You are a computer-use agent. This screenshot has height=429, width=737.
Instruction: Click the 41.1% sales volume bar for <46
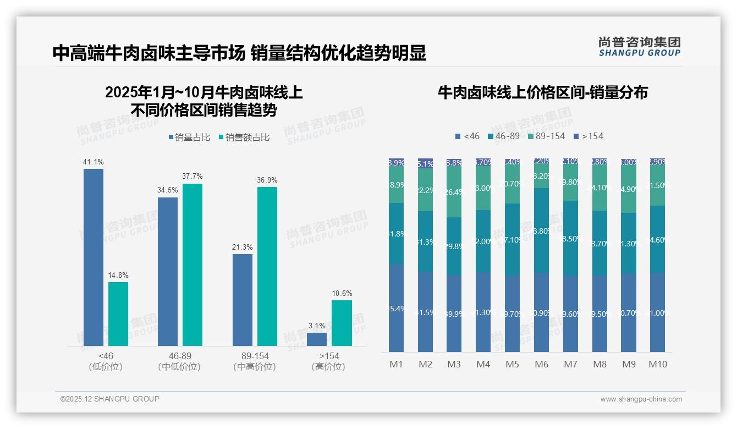[x=94, y=257]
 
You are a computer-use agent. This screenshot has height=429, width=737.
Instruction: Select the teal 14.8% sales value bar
[x=118, y=313]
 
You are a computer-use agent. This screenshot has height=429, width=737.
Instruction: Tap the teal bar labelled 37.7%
[x=193, y=264]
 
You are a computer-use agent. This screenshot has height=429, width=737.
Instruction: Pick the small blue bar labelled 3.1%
[x=317, y=339]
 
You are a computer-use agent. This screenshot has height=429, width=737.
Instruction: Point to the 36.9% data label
[x=267, y=180]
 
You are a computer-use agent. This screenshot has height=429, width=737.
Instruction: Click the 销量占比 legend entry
[x=189, y=137]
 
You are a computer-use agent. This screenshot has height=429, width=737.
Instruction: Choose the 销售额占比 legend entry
[x=244, y=137]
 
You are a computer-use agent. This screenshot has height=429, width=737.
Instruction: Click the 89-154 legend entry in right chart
[x=546, y=136]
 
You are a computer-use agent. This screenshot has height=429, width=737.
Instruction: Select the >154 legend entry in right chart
[x=588, y=136]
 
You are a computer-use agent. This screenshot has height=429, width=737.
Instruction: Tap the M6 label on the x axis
[x=541, y=364]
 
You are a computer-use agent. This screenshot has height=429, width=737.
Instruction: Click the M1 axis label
[x=397, y=364]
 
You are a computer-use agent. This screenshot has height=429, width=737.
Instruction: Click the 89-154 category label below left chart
[x=255, y=356]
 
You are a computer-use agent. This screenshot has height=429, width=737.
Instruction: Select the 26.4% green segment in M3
[x=454, y=191]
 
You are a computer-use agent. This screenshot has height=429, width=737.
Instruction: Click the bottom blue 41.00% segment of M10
[x=657, y=312]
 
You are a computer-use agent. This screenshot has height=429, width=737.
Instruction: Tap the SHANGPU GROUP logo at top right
[x=639, y=47]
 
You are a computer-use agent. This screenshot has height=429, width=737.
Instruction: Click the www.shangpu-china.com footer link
[x=641, y=399]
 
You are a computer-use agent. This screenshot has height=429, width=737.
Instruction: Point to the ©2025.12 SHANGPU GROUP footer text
[x=110, y=399]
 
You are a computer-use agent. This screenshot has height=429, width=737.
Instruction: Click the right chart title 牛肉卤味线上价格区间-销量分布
[x=542, y=92]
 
